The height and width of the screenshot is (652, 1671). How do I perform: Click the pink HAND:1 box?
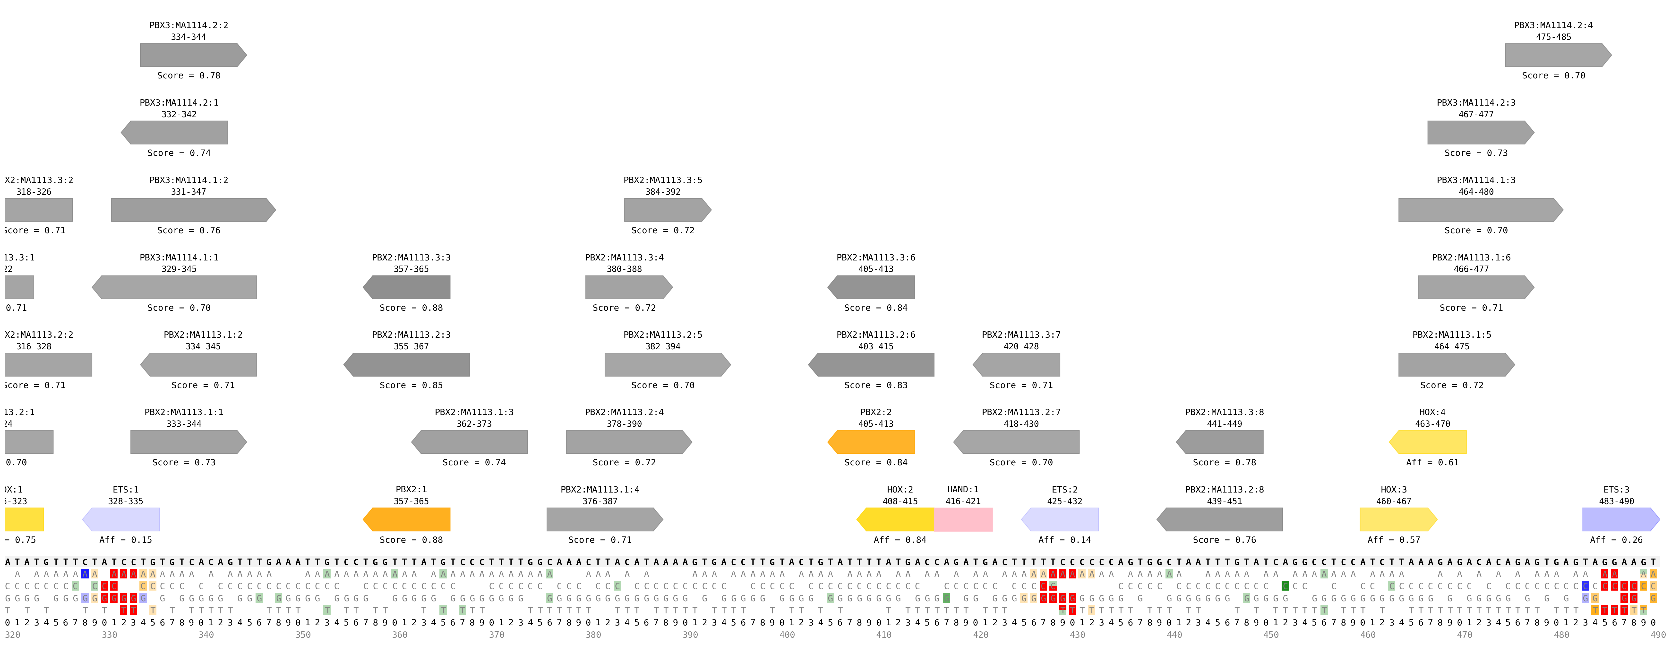tap(963, 519)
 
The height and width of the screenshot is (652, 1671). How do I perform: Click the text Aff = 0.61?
tap(1432, 462)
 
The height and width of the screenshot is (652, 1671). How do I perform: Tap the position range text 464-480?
tap(1476, 192)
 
